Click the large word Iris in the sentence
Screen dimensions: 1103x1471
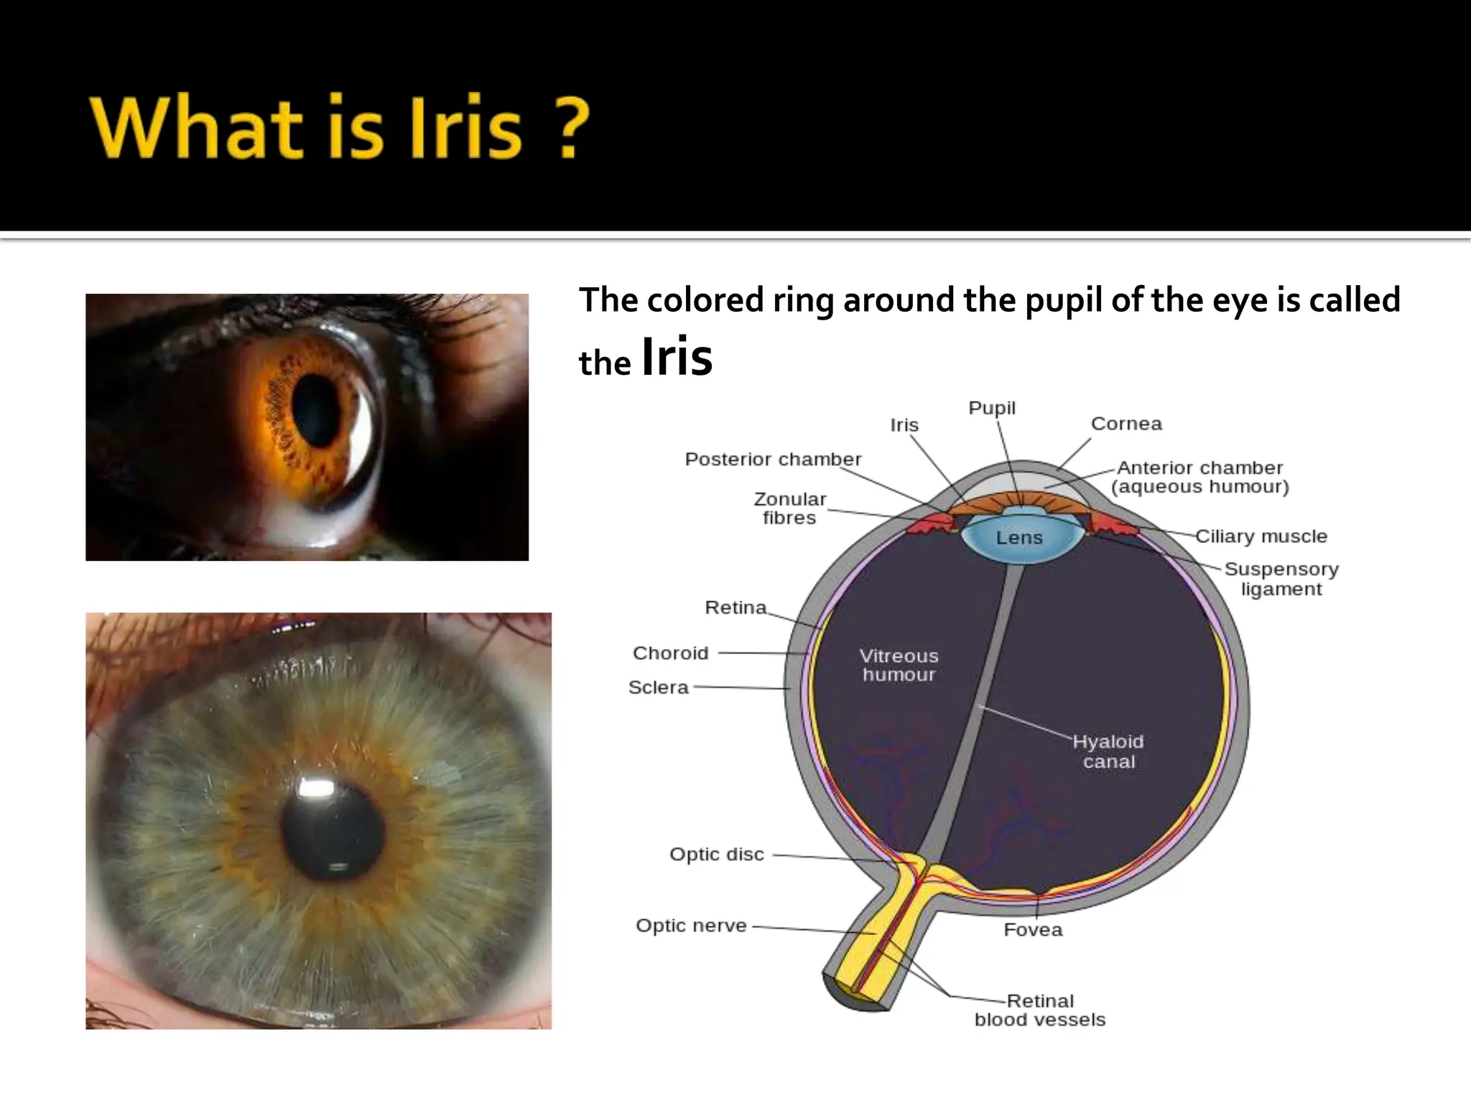click(676, 357)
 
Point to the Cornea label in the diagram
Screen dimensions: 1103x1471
click(1126, 424)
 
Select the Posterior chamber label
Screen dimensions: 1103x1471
click(772, 459)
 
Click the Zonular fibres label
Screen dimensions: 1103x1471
click(789, 508)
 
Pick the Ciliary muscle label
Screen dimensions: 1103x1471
click(1261, 536)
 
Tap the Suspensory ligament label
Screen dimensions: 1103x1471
click(1281, 579)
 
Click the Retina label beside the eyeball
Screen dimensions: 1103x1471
click(735, 608)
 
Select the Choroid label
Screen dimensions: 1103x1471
click(670, 653)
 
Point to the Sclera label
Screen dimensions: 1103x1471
click(658, 687)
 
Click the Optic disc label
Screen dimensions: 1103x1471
click(716, 854)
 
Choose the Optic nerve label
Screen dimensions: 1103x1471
click(691, 925)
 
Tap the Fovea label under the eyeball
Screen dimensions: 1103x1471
click(1032, 929)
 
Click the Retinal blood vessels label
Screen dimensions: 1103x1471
click(1039, 1010)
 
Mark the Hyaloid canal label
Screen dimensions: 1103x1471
click(1108, 751)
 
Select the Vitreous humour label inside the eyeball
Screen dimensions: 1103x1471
click(899, 665)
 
